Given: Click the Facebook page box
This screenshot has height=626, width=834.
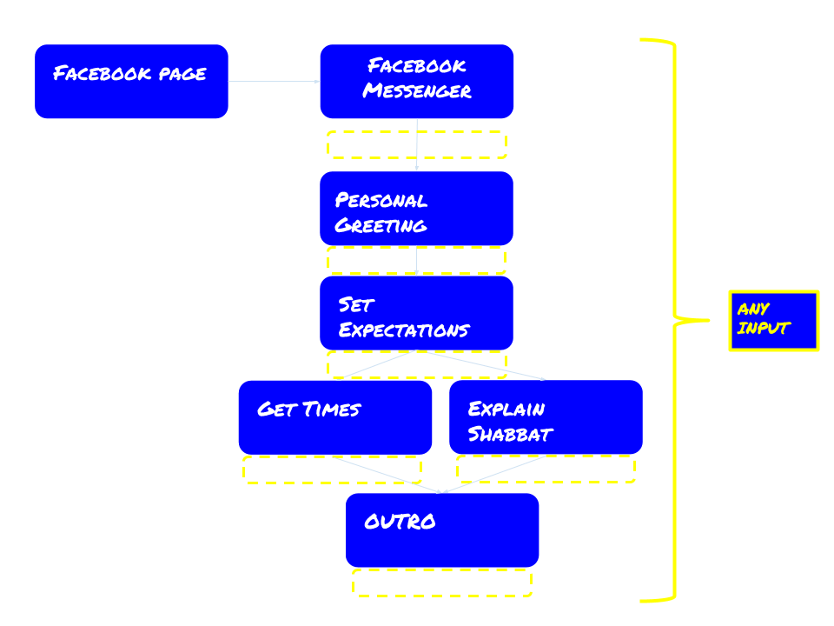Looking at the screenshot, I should [x=131, y=82].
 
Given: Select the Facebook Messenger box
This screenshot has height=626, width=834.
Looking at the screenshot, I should [x=416, y=82].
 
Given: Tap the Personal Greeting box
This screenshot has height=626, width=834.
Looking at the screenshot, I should [x=416, y=209].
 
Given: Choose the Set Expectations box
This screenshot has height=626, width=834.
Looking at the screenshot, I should [x=416, y=313].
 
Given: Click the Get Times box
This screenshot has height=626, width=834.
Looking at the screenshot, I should [x=334, y=417].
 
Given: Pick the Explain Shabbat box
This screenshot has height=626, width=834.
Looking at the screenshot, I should [x=546, y=417].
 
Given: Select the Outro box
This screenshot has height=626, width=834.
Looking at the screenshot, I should [x=442, y=530].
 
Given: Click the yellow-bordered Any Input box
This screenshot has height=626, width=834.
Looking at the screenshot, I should [x=773, y=321].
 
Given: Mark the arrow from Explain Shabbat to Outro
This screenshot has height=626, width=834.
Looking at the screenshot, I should [x=495, y=474].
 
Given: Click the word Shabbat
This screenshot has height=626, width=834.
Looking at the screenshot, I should [x=510, y=434].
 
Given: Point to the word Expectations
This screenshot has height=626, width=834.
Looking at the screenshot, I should [x=403, y=330].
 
